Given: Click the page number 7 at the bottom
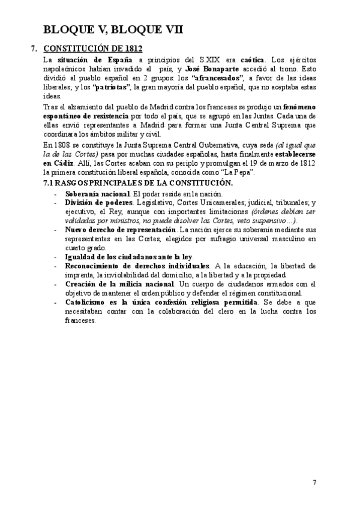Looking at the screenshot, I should coord(314,482).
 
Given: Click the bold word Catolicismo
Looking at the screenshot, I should coord(89,302).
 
